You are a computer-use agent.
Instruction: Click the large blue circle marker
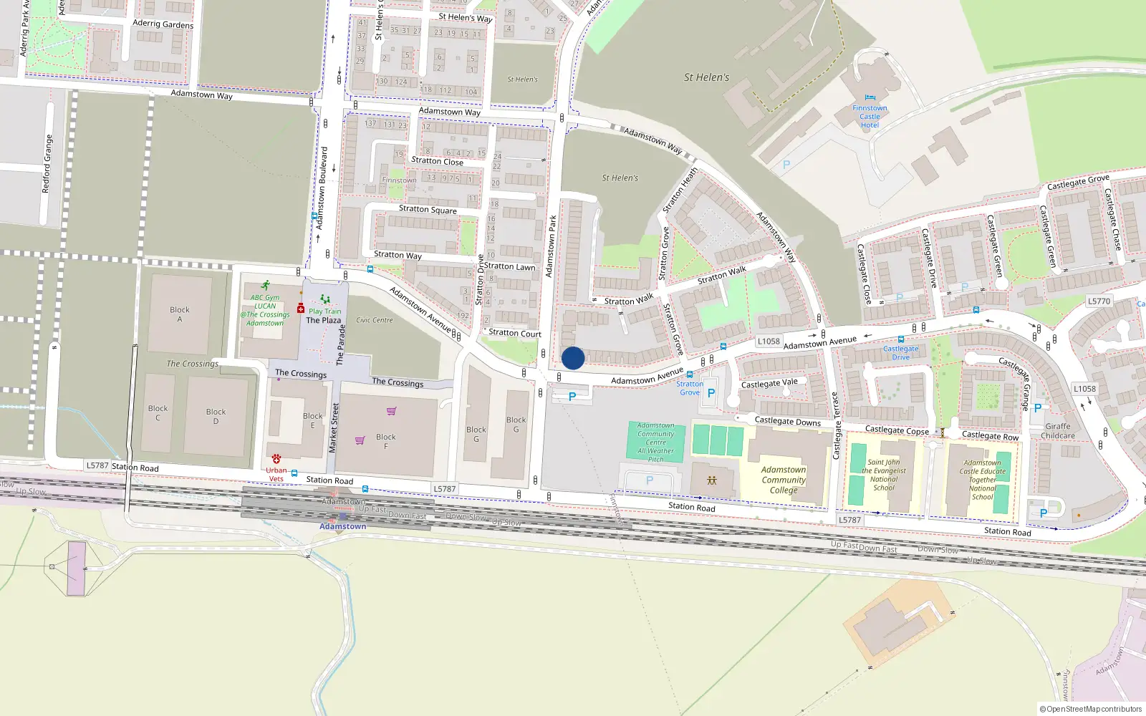(573, 358)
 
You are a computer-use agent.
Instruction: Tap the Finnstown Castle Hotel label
(870, 117)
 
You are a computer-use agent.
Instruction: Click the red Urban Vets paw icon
(276, 458)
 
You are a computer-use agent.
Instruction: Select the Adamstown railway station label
(342, 526)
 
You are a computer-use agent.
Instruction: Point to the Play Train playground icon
(325, 300)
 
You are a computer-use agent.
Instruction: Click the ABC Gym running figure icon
(266, 285)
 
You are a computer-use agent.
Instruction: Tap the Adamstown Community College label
(784, 480)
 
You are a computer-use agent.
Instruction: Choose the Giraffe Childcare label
(1058, 431)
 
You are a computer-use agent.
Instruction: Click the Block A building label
(180, 314)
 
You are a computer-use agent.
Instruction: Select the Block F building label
(385, 441)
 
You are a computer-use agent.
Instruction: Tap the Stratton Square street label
(428, 209)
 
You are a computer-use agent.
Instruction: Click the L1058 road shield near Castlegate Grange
(1084, 389)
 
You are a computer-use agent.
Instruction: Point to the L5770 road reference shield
(1099, 301)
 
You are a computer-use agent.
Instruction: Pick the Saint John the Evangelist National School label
(884, 475)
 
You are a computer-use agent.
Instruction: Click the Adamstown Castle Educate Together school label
(983, 480)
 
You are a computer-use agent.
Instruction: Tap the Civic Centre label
(375, 320)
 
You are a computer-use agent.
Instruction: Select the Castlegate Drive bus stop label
(900, 353)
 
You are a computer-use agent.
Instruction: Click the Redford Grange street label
(47, 164)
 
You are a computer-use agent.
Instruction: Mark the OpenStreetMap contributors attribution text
(1091, 709)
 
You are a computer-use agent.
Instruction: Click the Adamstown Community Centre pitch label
(656, 442)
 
